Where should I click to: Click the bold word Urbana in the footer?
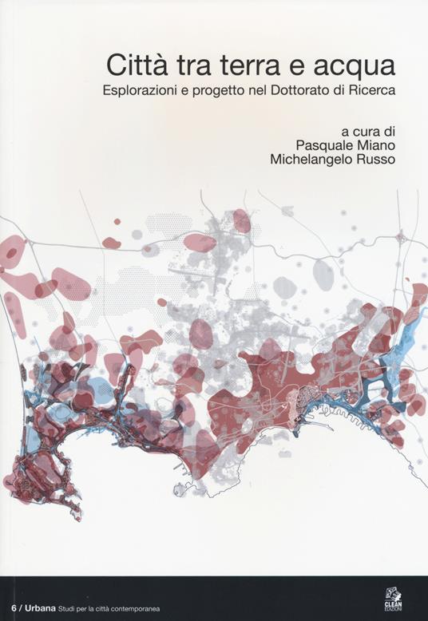pyautogui.click(x=38, y=608)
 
